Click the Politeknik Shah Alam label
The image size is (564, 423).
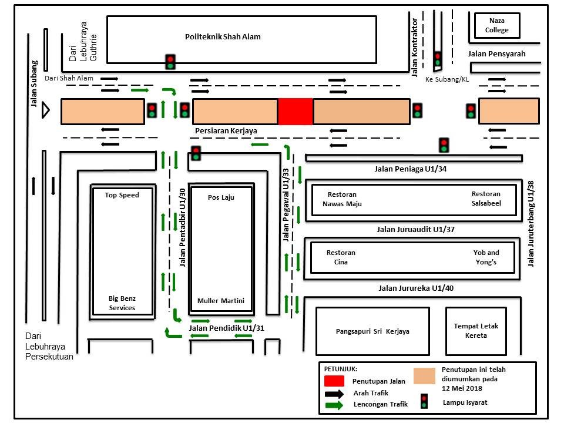pos(223,37)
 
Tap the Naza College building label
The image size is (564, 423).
pos(497,26)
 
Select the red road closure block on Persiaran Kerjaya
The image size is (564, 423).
pos(295,112)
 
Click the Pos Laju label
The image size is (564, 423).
pos(221,197)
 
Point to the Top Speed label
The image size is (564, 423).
pos(122,195)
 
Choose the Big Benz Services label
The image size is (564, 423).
pos(122,303)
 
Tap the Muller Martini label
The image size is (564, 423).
pos(221,301)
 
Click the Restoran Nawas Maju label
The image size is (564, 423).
pos(342,199)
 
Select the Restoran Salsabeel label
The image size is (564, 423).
pos(486,199)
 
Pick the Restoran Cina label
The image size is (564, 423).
pos(341,257)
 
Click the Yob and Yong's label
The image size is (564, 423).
pos(486,257)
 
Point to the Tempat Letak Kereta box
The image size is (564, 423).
pos(475,331)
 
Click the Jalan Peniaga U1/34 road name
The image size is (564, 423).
pos(411,169)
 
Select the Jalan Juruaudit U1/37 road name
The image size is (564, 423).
pos(415,229)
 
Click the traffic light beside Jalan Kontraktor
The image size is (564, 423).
pos(437,59)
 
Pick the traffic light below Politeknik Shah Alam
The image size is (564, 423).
pos(170,62)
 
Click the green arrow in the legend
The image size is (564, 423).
pos(334,404)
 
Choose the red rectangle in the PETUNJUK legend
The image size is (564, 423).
pos(334,381)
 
